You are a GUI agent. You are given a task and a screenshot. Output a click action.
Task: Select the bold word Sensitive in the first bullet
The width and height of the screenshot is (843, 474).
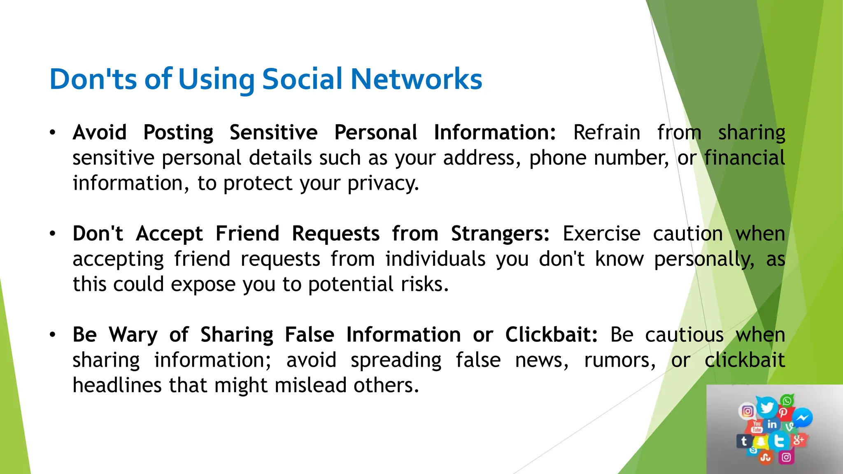(x=273, y=133)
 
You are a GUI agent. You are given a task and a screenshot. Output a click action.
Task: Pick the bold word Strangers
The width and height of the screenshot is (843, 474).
(x=500, y=234)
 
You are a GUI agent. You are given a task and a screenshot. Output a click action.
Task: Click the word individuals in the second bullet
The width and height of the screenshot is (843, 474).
(x=435, y=259)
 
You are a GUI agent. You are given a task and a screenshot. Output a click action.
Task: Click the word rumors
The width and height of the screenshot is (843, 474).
(x=619, y=360)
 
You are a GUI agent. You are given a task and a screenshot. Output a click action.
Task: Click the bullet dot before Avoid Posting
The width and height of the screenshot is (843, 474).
(x=52, y=133)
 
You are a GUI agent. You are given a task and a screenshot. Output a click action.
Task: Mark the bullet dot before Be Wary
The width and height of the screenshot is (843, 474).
(x=52, y=335)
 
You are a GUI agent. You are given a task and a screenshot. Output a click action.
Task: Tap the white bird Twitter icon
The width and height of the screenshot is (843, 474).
(x=766, y=407)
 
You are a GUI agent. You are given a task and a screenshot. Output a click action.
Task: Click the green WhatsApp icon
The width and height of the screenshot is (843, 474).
(x=787, y=400)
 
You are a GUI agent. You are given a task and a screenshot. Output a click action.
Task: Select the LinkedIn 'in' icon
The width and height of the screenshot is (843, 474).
(x=772, y=424)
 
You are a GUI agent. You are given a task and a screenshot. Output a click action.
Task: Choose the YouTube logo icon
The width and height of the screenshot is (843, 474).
(x=757, y=427)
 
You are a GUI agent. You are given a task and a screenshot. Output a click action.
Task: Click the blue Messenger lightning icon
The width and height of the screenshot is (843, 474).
(x=802, y=418)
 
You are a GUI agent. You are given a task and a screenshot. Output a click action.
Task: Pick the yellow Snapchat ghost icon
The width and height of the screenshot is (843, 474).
(x=761, y=442)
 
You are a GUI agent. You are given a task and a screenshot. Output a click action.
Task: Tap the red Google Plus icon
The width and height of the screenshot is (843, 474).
(x=799, y=440)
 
